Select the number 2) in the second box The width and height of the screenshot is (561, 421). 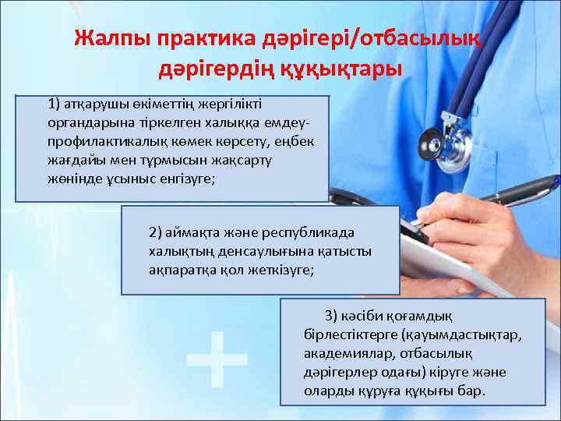click(x=156, y=232)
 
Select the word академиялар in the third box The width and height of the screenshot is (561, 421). click(x=343, y=352)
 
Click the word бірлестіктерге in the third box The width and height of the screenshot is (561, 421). click(x=350, y=334)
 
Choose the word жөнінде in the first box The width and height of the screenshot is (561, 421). click(x=74, y=179)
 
